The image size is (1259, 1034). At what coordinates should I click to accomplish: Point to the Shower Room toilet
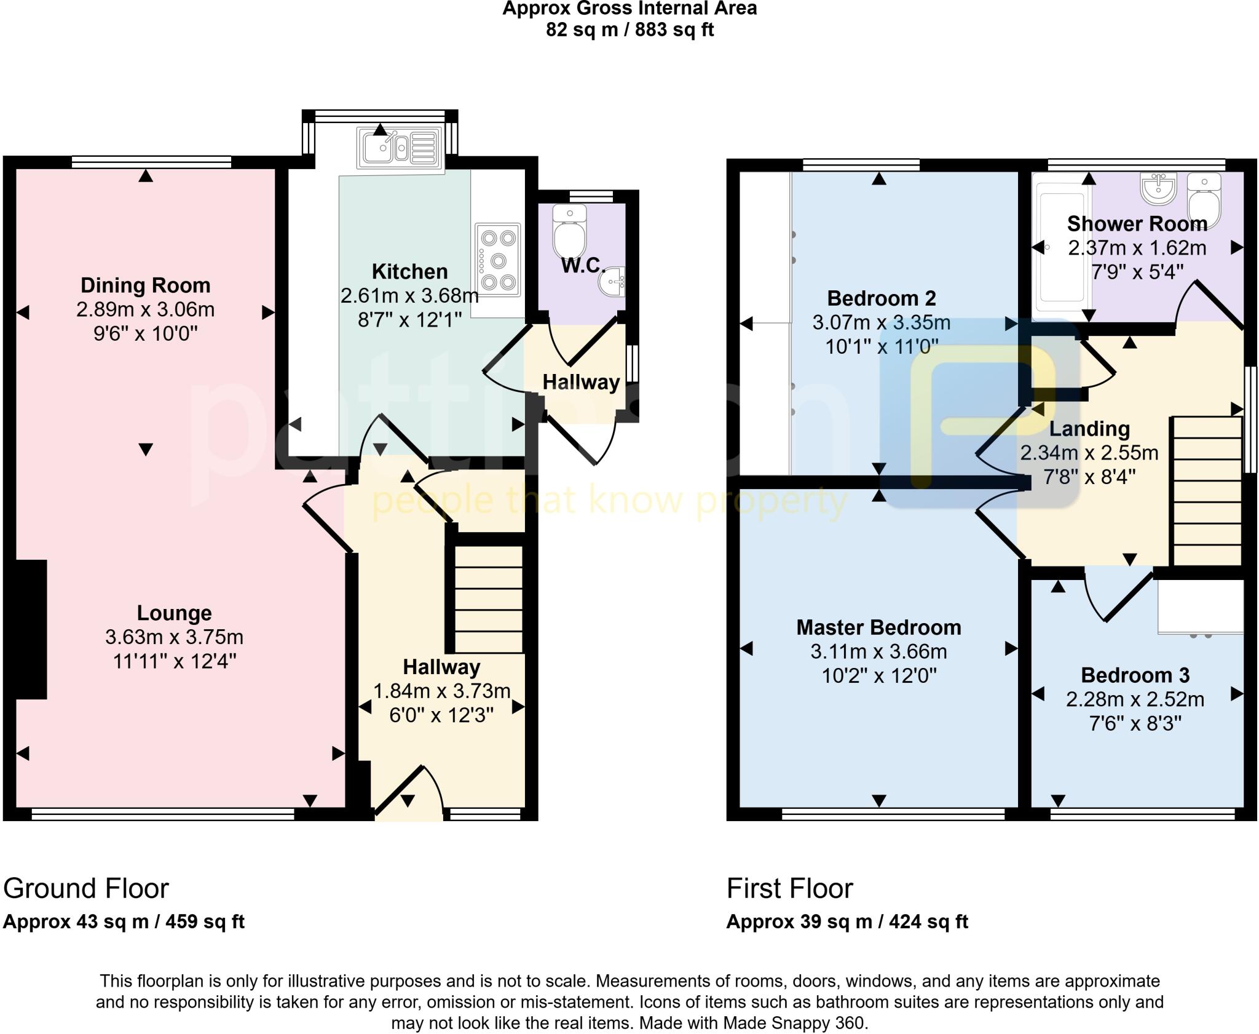click(x=1204, y=200)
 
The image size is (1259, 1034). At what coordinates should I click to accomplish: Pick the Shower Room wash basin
click(x=1159, y=188)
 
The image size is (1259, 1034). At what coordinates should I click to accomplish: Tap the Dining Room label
click(x=146, y=285)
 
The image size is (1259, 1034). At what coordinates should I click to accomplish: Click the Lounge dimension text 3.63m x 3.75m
click(x=174, y=637)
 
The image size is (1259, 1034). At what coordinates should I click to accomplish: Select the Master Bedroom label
click(x=878, y=627)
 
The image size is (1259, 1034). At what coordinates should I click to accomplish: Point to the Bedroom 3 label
click(x=1135, y=675)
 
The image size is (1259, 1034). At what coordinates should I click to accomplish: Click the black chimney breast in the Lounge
click(x=31, y=629)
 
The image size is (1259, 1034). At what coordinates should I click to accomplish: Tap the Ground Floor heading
click(x=86, y=889)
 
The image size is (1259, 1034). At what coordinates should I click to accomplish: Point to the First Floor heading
click(x=790, y=889)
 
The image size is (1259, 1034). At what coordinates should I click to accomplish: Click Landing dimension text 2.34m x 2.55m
click(x=1089, y=453)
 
